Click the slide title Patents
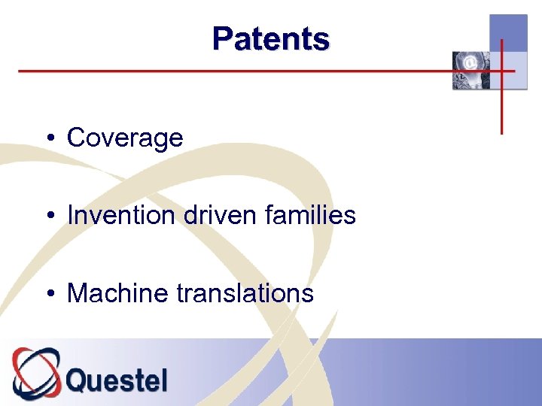tap(270, 38)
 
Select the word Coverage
tap(125, 138)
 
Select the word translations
tap(245, 292)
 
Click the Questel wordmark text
tap(117, 380)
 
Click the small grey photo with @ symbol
tap(470, 71)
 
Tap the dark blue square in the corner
tap(508, 33)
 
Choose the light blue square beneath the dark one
tap(515, 71)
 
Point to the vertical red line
tap(501, 105)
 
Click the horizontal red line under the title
tap(226, 71)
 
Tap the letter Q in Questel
tap(78, 380)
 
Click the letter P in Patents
tap(222, 38)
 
